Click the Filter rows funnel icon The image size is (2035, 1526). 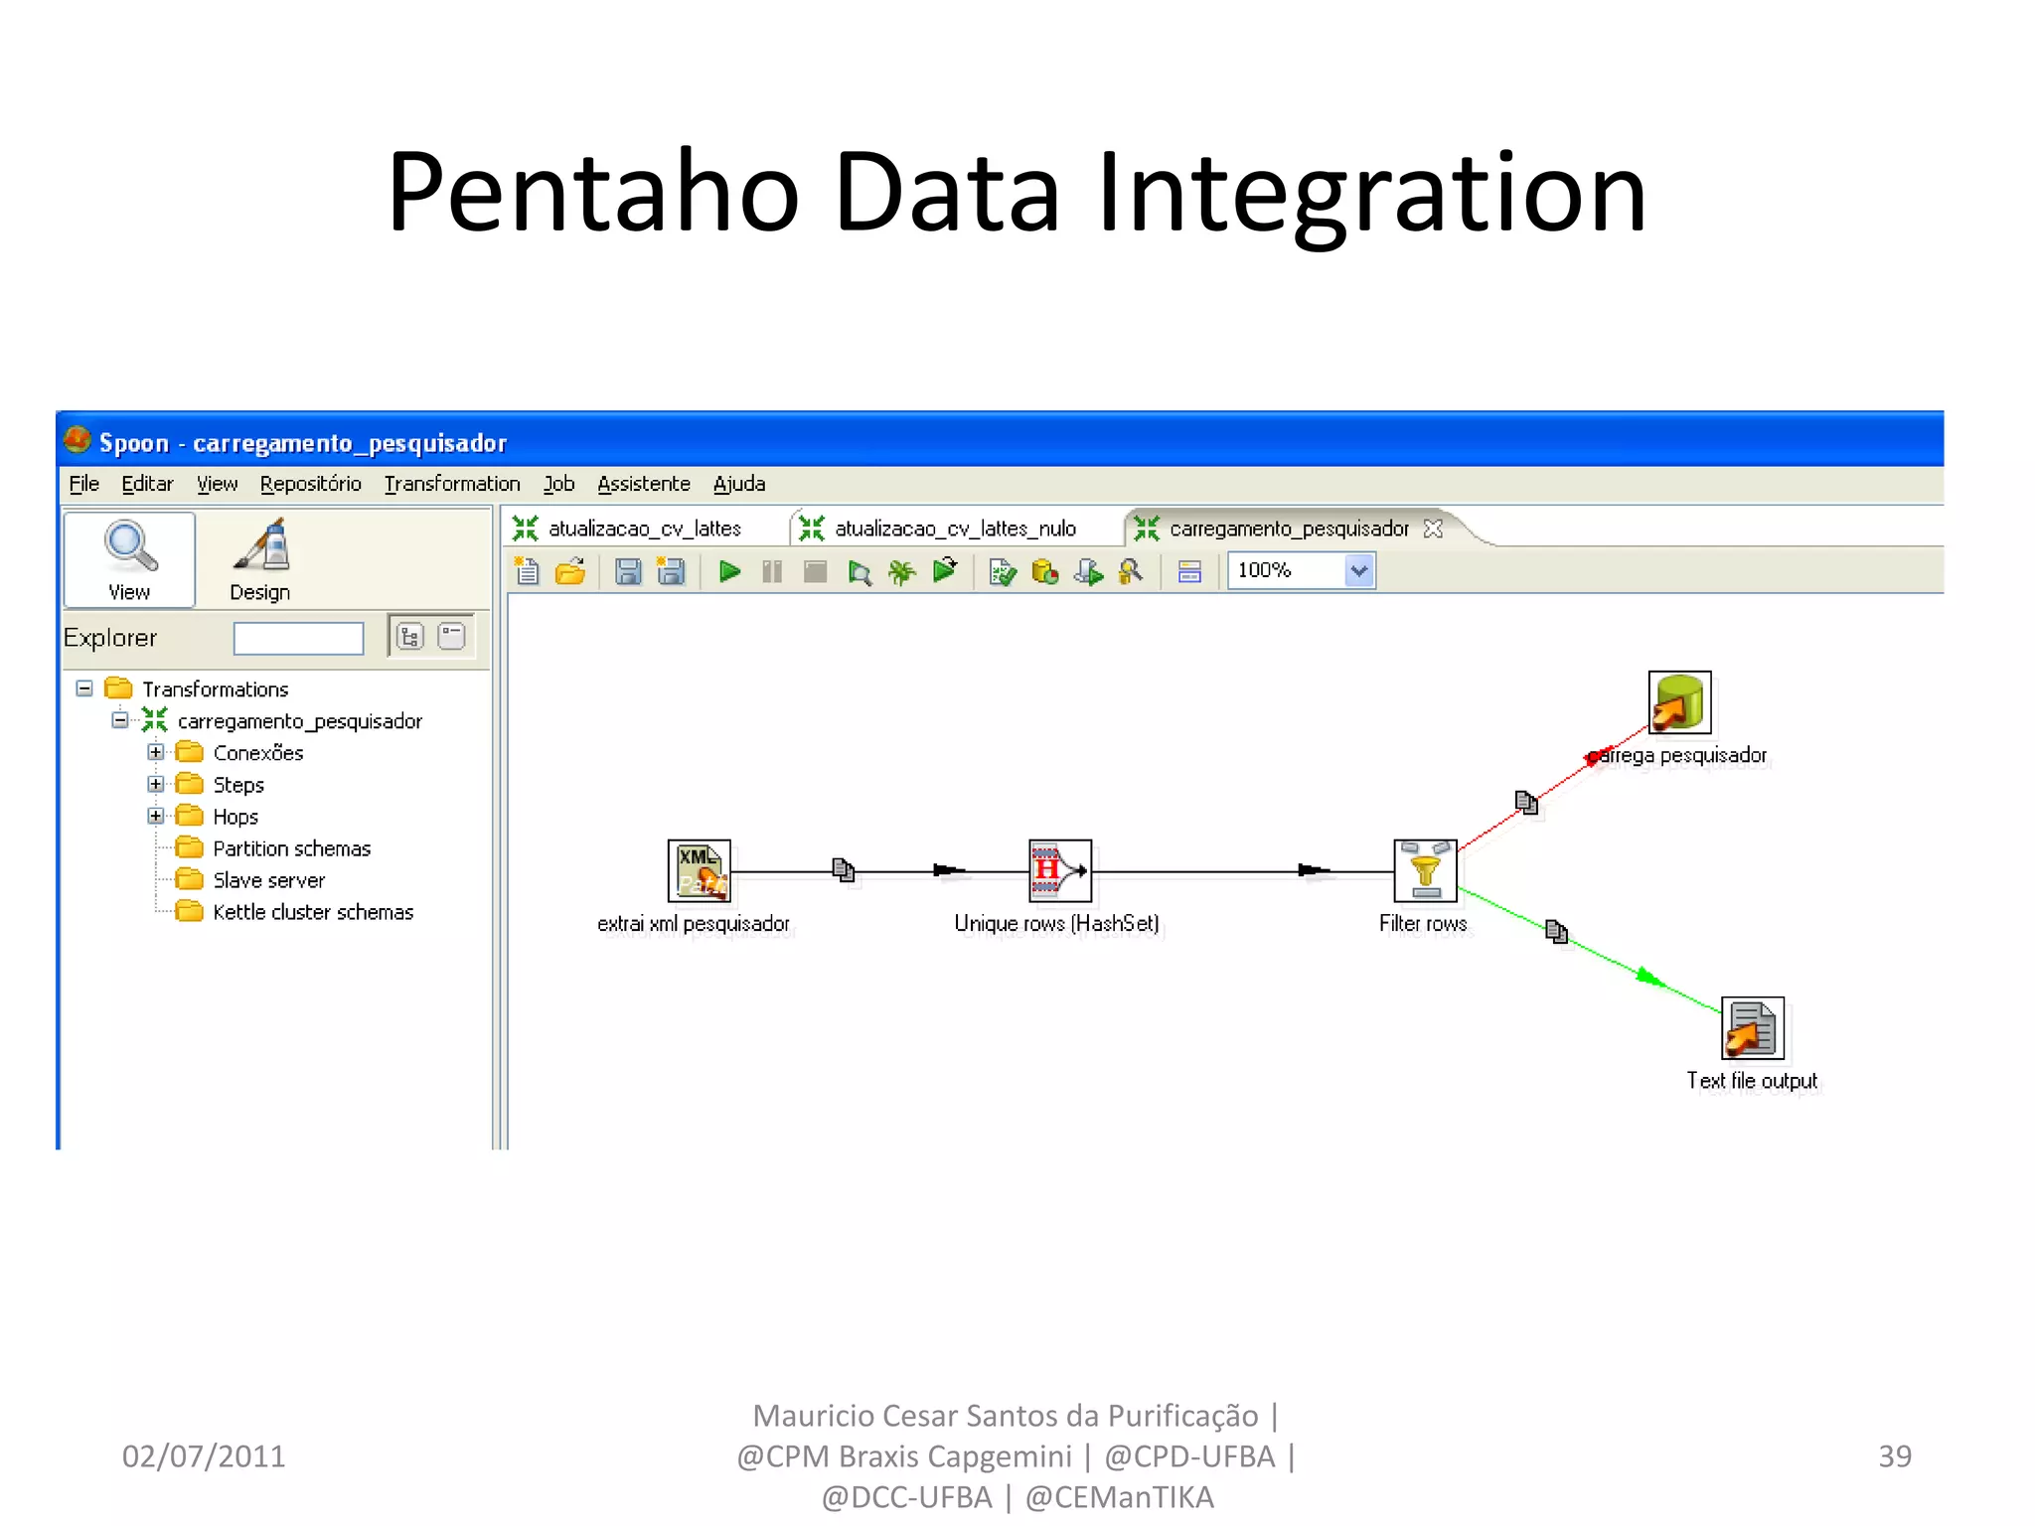tap(1425, 870)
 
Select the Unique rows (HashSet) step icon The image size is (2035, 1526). tap(1059, 870)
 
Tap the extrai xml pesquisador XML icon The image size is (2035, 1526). tap(699, 870)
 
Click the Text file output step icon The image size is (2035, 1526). tap(1752, 1028)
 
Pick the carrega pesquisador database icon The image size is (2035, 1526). tap(1679, 702)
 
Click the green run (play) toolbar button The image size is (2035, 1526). tap(730, 571)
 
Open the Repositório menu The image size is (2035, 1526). tap(310, 484)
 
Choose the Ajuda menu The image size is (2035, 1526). tap(739, 484)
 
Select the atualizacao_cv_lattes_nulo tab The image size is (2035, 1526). tap(954, 529)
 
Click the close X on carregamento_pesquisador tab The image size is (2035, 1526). tap(1433, 529)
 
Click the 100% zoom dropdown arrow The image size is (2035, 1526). tap(1358, 571)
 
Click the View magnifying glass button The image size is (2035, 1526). tap(130, 558)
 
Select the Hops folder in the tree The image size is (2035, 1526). tap(235, 817)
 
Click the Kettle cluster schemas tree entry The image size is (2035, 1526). tap(312, 912)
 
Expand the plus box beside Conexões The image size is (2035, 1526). tap(156, 752)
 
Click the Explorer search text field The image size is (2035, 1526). tap(298, 638)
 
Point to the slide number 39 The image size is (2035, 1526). tap(1894, 1455)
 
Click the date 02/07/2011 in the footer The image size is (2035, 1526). tap(204, 1455)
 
